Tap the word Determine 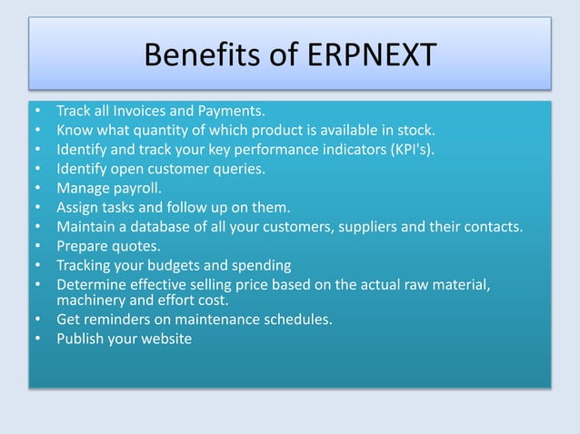(x=91, y=284)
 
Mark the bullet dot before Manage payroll (x=36, y=188)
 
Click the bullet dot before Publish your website (x=36, y=339)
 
